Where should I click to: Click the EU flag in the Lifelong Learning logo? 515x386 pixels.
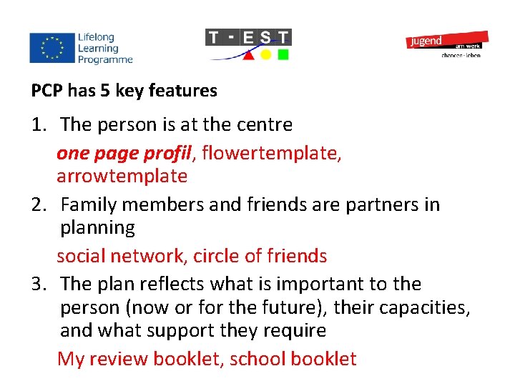[51, 48]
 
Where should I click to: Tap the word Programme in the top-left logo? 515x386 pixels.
[106, 60]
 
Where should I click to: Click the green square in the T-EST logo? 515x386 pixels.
[283, 54]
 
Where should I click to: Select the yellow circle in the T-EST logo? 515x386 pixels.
[265, 54]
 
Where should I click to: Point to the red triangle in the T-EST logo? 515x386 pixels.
[247, 55]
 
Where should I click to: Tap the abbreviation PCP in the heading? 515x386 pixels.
[48, 91]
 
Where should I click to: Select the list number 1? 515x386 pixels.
[39, 125]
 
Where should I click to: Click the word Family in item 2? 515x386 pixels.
[89, 205]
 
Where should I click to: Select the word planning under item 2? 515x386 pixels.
[97, 228]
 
